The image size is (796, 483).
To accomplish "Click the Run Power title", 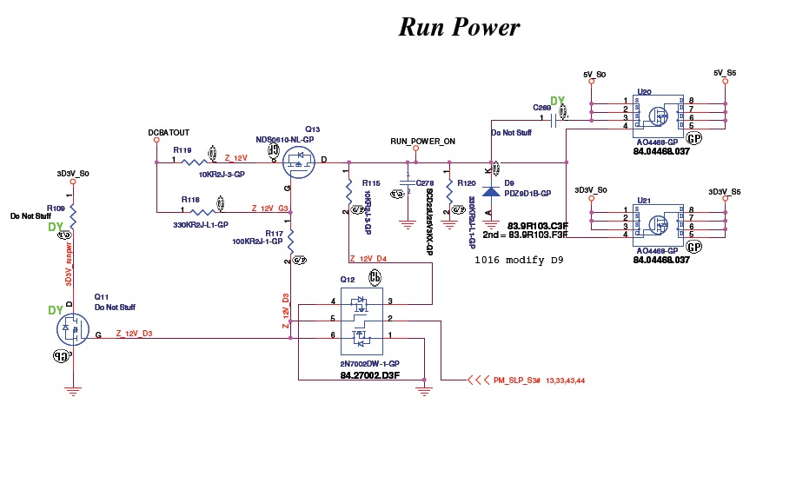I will tap(459, 27).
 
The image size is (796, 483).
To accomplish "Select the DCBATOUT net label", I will tap(169, 132).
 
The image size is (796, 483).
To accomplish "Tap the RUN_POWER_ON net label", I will tap(422, 141).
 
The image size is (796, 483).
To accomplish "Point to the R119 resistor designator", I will tap(182, 150).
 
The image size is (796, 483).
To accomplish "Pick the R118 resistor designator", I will tap(190, 200).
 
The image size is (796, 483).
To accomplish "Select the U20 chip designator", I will tap(644, 90).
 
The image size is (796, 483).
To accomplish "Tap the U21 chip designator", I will tap(644, 201).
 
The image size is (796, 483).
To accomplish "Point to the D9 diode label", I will tap(510, 182).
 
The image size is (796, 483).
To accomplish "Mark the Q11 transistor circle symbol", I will tap(72, 328).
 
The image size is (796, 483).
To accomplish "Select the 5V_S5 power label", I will tap(725, 73).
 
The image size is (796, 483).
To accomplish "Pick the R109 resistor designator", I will tap(56, 208).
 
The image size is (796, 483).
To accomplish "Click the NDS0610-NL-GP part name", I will tap(285, 140).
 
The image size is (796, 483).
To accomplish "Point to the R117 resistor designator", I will tap(275, 233).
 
